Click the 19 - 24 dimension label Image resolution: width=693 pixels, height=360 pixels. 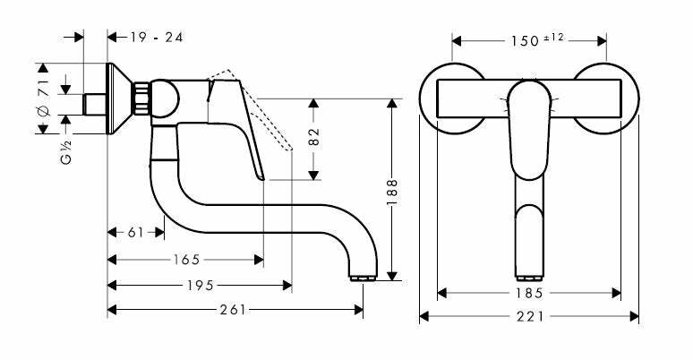[x=157, y=38]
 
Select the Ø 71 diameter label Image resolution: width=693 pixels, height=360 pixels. [x=43, y=99]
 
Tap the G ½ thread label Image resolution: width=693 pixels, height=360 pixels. [x=66, y=151]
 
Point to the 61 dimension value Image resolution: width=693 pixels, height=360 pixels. [x=136, y=232]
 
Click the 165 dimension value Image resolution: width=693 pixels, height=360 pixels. [x=186, y=259]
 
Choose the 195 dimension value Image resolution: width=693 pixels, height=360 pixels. [x=200, y=286]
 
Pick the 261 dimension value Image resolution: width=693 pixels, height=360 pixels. [x=233, y=310]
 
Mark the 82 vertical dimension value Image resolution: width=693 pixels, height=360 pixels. [x=313, y=137]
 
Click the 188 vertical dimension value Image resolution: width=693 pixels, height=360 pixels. [x=392, y=193]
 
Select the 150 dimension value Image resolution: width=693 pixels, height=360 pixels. [x=525, y=41]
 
